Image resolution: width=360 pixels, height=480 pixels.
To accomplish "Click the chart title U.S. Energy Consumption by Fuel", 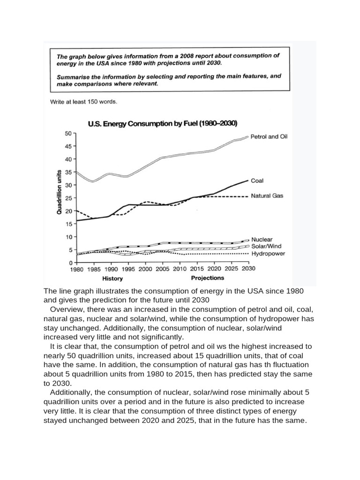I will (163, 124).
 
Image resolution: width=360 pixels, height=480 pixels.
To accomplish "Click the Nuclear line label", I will (262, 239).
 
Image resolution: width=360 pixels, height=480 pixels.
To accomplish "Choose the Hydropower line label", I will (268, 254).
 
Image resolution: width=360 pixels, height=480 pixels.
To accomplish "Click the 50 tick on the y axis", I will (67, 134).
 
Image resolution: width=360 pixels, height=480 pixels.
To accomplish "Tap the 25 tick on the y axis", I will (67, 198).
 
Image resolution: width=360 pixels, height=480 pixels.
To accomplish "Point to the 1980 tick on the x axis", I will (76, 270).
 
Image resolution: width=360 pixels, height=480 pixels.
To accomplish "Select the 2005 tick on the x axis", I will (163, 270).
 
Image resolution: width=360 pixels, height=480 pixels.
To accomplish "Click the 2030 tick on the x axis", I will (248, 270).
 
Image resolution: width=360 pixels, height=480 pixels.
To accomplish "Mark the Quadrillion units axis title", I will (60, 192).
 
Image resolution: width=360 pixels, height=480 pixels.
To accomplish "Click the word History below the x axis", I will (112, 278).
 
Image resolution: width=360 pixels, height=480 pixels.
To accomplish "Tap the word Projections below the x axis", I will (208, 278).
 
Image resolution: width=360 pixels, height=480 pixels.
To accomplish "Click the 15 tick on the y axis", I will (67, 224).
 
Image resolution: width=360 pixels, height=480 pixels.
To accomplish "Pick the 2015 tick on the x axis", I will (197, 270).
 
